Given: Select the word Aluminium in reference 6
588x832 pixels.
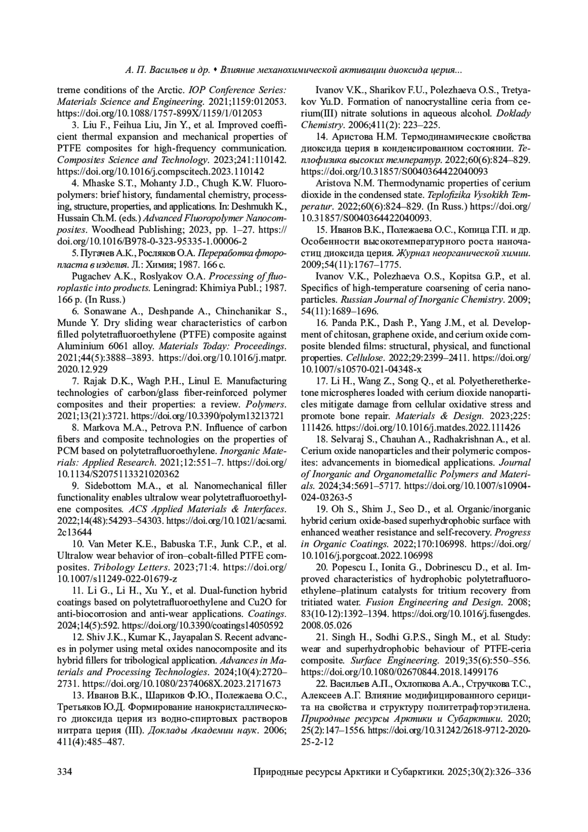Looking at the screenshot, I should pos(78,346).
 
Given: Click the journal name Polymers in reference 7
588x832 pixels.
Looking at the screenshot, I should pos(265,405).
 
